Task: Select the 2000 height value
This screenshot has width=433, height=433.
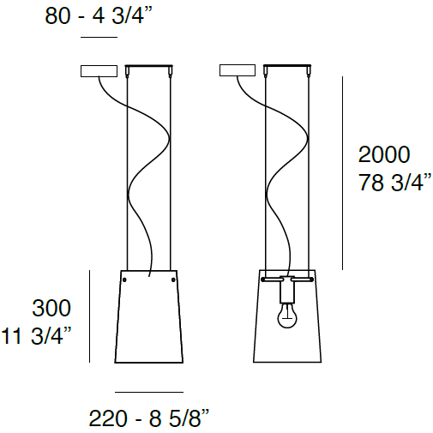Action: click(x=383, y=155)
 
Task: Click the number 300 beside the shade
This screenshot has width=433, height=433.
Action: click(x=51, y=307)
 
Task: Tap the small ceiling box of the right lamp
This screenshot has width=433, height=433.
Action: click(x=238, y=71)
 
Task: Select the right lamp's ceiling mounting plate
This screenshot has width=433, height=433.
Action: click(x=288, y=67)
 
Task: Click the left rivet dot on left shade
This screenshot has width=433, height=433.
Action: click(x=124, y=280)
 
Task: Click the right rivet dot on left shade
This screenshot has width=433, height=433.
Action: click(x=174, y=280)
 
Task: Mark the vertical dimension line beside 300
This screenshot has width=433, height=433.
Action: click(x=90, y=315)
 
